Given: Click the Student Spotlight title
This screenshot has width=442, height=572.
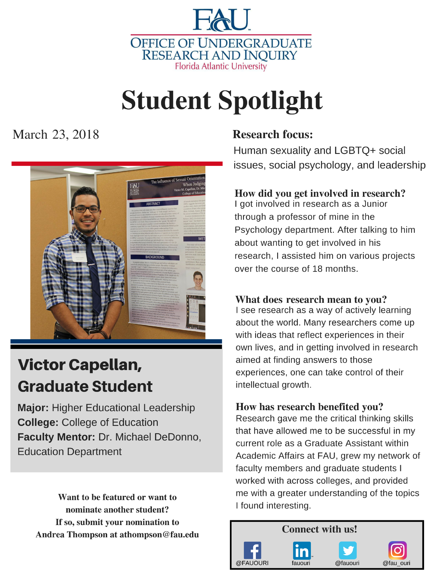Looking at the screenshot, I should [222, 100].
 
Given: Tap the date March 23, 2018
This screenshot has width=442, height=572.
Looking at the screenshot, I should [56, 135].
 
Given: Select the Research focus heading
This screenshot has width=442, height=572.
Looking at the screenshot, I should [273, 134].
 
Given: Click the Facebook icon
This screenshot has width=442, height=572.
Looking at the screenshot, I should [252, 550].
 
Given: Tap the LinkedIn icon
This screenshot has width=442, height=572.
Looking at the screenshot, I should [302, 550].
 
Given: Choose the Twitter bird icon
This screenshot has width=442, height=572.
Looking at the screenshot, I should [348, 550].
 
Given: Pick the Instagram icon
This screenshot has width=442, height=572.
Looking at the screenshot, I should [397, 550].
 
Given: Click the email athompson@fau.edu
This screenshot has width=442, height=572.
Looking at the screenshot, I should [159, 535].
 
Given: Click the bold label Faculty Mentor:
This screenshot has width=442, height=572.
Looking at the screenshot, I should [56, 437].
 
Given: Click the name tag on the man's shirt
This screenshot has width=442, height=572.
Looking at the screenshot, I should [79, 257].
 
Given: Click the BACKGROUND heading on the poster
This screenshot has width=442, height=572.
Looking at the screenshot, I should [154, 257].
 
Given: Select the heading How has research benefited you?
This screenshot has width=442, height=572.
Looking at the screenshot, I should [309, 407].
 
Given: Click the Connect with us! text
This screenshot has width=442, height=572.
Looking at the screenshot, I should [319, 529].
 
